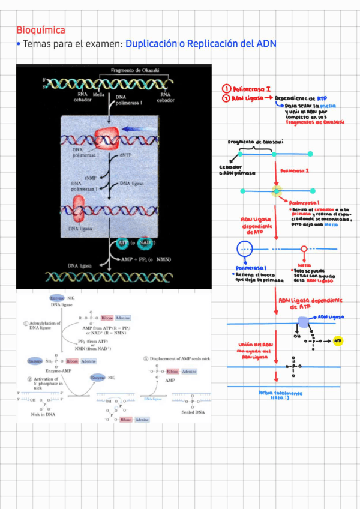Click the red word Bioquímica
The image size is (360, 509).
click(x=41, y=30)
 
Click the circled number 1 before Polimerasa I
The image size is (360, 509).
click(x=226, y=89)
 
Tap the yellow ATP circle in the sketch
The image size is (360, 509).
click(x=338, y=341)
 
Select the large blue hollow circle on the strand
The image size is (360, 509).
click(x=245, y=248)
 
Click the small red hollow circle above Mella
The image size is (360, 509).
click(x=304, y=248)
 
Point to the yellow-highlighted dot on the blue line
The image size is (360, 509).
click(x=277, y=191)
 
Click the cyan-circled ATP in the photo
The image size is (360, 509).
click(x=124, y=243)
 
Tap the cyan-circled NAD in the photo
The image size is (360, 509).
click(x=144, y=243)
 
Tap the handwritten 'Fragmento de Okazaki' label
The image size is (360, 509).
click(x=256, y=143)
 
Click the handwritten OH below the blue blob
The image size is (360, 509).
click(x=296, y=337)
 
